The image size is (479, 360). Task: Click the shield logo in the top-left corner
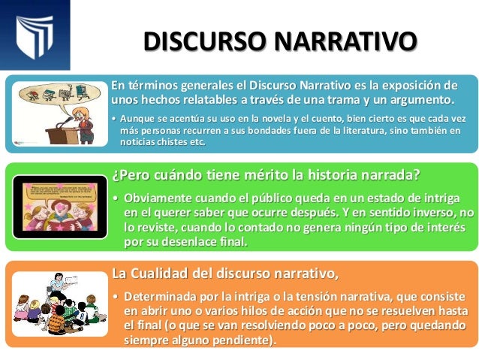coord(35,34)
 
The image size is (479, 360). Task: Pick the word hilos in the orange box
coord(273,310)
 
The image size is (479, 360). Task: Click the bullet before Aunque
coord(113,119)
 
